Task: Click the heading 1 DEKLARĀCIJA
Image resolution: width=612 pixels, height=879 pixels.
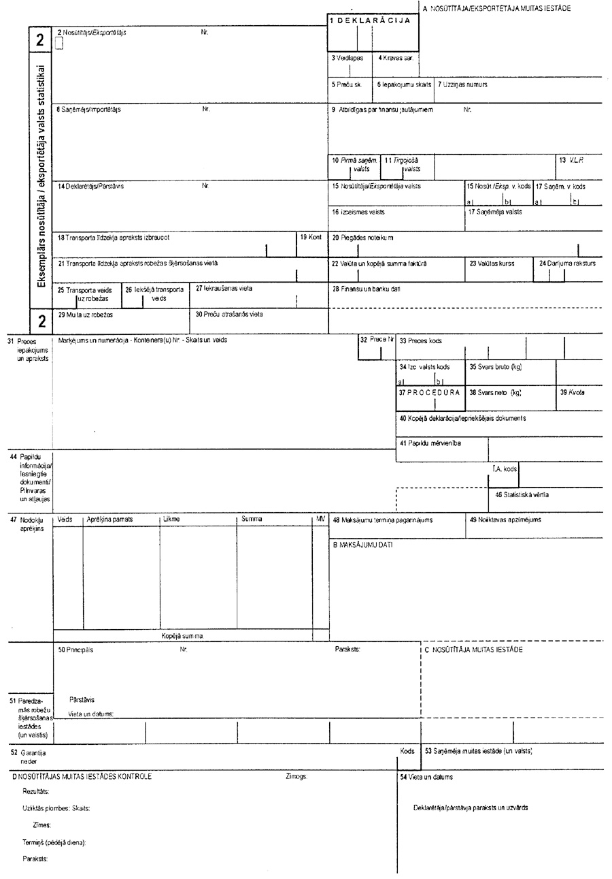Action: pos(369,21)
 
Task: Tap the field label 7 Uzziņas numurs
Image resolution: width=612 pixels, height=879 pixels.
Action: pos(462,85)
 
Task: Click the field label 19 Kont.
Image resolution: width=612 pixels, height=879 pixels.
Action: pos(311,237)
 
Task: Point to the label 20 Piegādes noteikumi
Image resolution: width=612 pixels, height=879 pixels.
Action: pos(362,238)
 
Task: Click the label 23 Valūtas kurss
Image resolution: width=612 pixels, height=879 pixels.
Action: pos(492,263)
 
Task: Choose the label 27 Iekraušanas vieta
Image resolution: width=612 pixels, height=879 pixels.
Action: pos(224,288)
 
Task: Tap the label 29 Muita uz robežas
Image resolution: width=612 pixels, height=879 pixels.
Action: pos(85,315)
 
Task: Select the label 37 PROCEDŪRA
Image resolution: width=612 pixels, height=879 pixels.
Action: pos(430,393)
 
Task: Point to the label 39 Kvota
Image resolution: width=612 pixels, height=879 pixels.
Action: pos(572,393)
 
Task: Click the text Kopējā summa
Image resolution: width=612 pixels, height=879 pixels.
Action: pos(182,636)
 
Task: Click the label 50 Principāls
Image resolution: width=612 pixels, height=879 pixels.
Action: pos(75,650)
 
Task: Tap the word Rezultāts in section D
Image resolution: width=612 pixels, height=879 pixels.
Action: pos(35,791)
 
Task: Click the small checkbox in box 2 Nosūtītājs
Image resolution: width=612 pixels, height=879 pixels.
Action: pos(58,44)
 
